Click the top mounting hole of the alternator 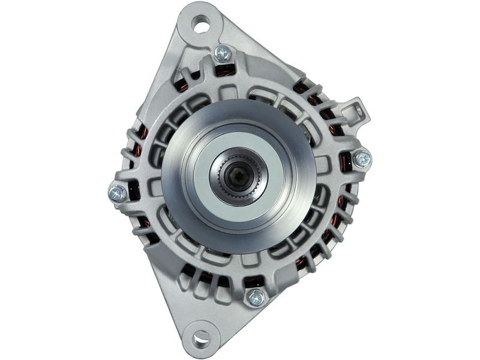click(202, 25)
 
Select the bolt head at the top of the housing click(223, 53)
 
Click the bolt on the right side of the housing click(362, 159)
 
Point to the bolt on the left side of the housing click(118, 193)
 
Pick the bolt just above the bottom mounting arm click(256, 296)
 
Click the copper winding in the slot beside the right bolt click(346, 161)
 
